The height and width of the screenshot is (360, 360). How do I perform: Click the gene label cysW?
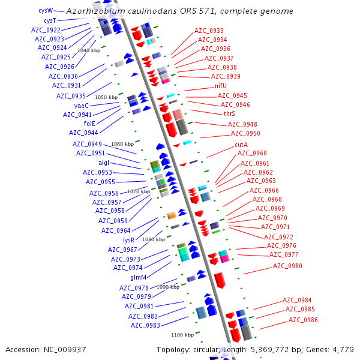coord(46,10)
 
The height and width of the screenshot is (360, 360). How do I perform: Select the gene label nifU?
coord(221,86)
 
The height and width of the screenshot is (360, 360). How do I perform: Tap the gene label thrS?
coord(229,113)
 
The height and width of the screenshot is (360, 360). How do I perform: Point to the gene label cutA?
coord(242,145)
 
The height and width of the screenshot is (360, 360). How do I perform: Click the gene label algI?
coord(104,163)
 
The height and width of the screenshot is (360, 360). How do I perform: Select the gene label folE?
coord(89,123)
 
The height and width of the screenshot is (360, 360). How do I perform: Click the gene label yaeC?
coord(81,105)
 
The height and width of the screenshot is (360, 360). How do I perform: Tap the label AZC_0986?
coord(303,320)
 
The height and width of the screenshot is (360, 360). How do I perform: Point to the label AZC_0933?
coord(209,31)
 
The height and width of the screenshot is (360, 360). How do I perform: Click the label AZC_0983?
coord(145,325)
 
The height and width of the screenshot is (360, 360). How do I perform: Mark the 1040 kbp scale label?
coord(89,50)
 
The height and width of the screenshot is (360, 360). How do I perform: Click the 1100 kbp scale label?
coord(182,335)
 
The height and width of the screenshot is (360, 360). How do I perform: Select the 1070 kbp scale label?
coord(138,191)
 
